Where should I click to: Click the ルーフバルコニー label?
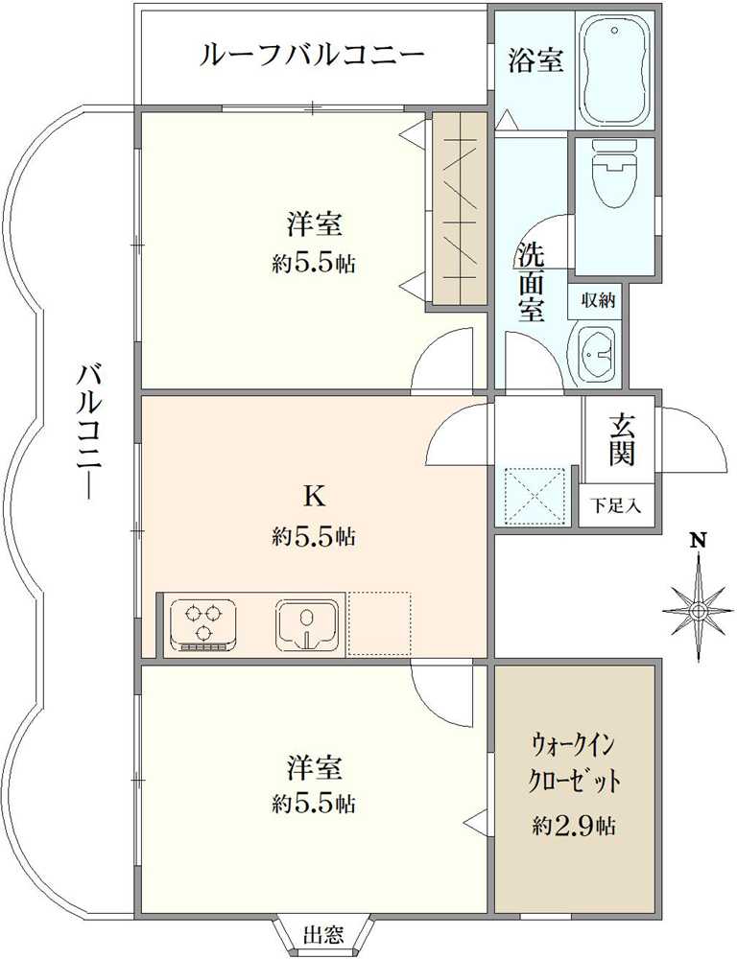coord(312,56)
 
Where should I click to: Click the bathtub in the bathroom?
coord(613,70)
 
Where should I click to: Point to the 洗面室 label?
coord(532,282)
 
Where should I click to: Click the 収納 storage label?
coord(598,300)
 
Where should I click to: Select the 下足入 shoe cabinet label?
coord(616,505)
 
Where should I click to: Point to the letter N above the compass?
coord(699,541)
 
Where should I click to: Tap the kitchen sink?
coord(307,624)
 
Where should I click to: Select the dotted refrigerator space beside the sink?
coord(378,624)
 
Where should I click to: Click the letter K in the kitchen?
coord(315,497)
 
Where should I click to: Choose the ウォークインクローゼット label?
coord(575,762)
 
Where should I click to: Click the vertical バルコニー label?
coord(89,431)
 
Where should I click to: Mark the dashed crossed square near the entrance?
coord(535,496)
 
